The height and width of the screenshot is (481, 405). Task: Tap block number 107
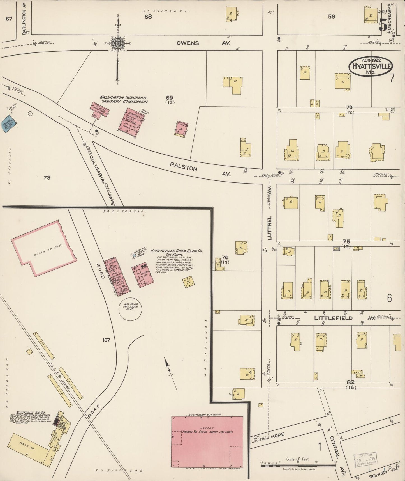click(x=106, y=340)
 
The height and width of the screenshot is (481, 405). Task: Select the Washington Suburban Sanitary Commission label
click(x=124, y=99)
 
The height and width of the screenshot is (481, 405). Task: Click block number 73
click(x=47, y=177)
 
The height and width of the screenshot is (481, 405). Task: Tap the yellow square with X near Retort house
click(x=188, y=282)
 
